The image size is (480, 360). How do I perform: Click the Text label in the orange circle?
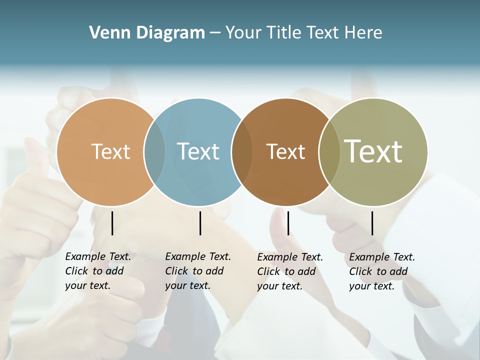[x=110, y=151]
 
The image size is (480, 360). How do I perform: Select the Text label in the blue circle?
[x=198, y=151]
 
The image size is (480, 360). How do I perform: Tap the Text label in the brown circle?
[x=285, y=151]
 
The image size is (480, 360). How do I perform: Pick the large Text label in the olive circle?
[x=373, y=151]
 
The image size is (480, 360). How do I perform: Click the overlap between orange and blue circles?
[x=154, y=151]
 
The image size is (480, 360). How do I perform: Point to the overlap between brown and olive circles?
[x=329, y=151]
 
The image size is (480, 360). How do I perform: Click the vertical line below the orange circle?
[x=112, y=223]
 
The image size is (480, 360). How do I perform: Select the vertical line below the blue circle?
[x=200, y=223]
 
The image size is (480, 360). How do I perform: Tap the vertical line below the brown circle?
[x=288, y=223]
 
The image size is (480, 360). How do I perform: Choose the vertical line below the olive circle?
[x=372, y=223]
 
